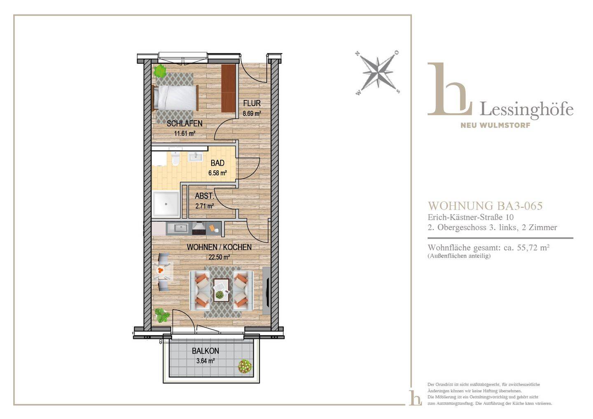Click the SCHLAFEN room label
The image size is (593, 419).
pos(184,123)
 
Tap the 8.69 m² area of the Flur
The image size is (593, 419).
pos(252,114)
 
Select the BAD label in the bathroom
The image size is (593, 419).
pos(217,163)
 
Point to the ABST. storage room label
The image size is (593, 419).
pos(204,196)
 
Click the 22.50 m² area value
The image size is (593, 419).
pos(219,257)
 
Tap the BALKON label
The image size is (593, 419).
pos(205,351)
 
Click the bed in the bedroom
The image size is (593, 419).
pos(175,98)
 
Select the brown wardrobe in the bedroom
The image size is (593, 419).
pos(228,88)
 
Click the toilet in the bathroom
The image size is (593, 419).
pos(175,159)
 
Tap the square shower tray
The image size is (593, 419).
pos(166,204)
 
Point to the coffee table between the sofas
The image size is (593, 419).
pos(221,290)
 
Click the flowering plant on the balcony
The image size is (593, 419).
pos(245,367)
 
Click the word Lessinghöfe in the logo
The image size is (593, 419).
pos(527,109)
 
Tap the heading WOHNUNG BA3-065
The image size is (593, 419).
pos(485,206)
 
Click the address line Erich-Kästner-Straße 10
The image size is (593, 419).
pos(471,217)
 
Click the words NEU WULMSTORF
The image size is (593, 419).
pos(495,125)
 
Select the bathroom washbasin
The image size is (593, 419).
pos(195,156)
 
